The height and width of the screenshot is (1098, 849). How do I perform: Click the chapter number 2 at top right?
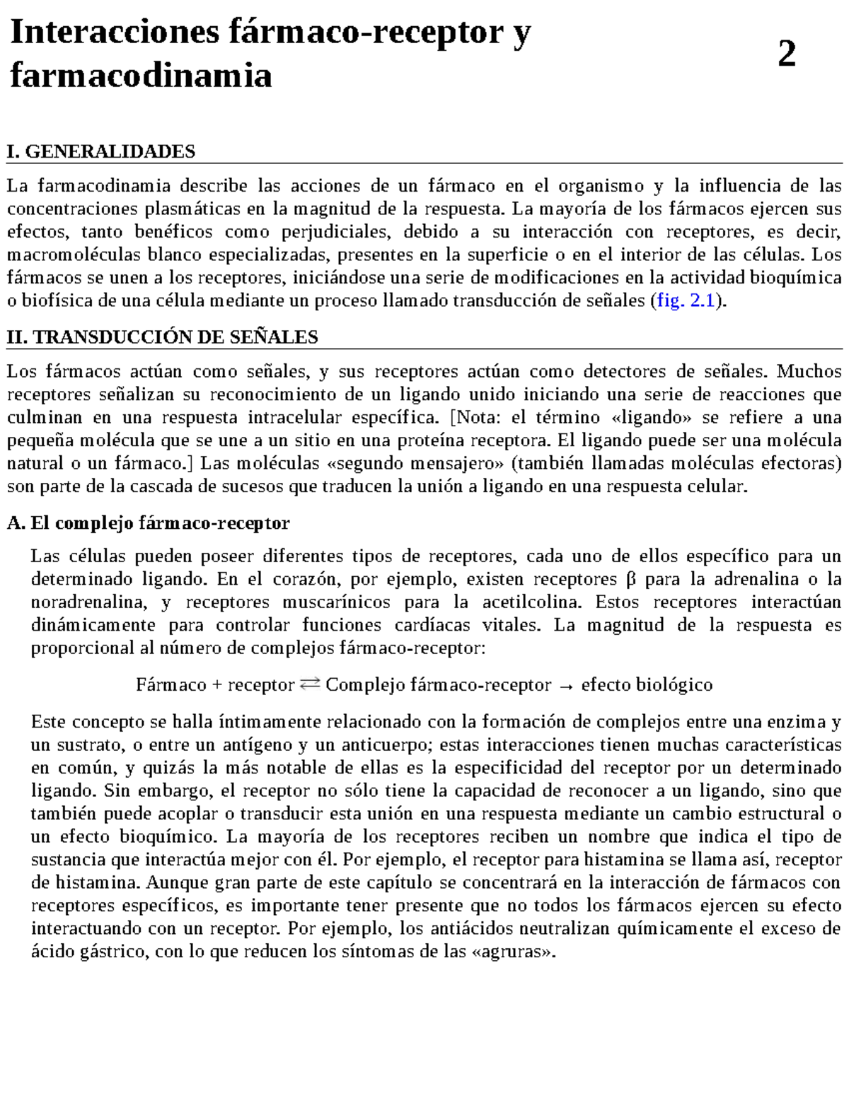click(787, 54)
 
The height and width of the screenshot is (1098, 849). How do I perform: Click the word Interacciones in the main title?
click(114, 33)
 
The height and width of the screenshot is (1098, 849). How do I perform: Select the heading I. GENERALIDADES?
click(100, 151)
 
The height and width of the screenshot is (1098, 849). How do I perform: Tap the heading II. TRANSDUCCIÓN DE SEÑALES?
click(162, 337)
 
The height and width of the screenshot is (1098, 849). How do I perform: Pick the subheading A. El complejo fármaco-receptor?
click(148, 523)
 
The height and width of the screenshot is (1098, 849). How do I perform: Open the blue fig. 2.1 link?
click(685, 301)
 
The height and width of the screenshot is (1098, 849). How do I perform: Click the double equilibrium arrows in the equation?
click(310, 684)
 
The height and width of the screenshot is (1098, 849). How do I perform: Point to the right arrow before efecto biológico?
click(566, 685)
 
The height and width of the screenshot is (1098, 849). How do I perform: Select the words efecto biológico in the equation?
click(647, 685)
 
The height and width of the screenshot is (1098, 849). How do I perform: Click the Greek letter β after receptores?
click(631, 580)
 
